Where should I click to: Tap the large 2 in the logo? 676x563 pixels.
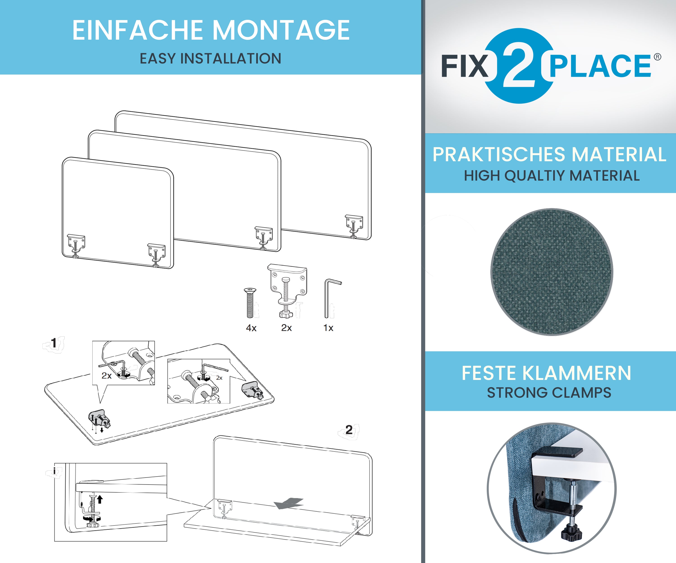[x=519, y=66]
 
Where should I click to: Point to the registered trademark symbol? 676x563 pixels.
[x=657, y=57]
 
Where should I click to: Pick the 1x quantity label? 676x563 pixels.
[x=328, y=328]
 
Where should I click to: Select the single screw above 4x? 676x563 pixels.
[x=250, y=303]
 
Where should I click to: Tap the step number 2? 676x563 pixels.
[x=349, y=430]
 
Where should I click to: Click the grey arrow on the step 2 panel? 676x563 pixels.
[x=289, y=504]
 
